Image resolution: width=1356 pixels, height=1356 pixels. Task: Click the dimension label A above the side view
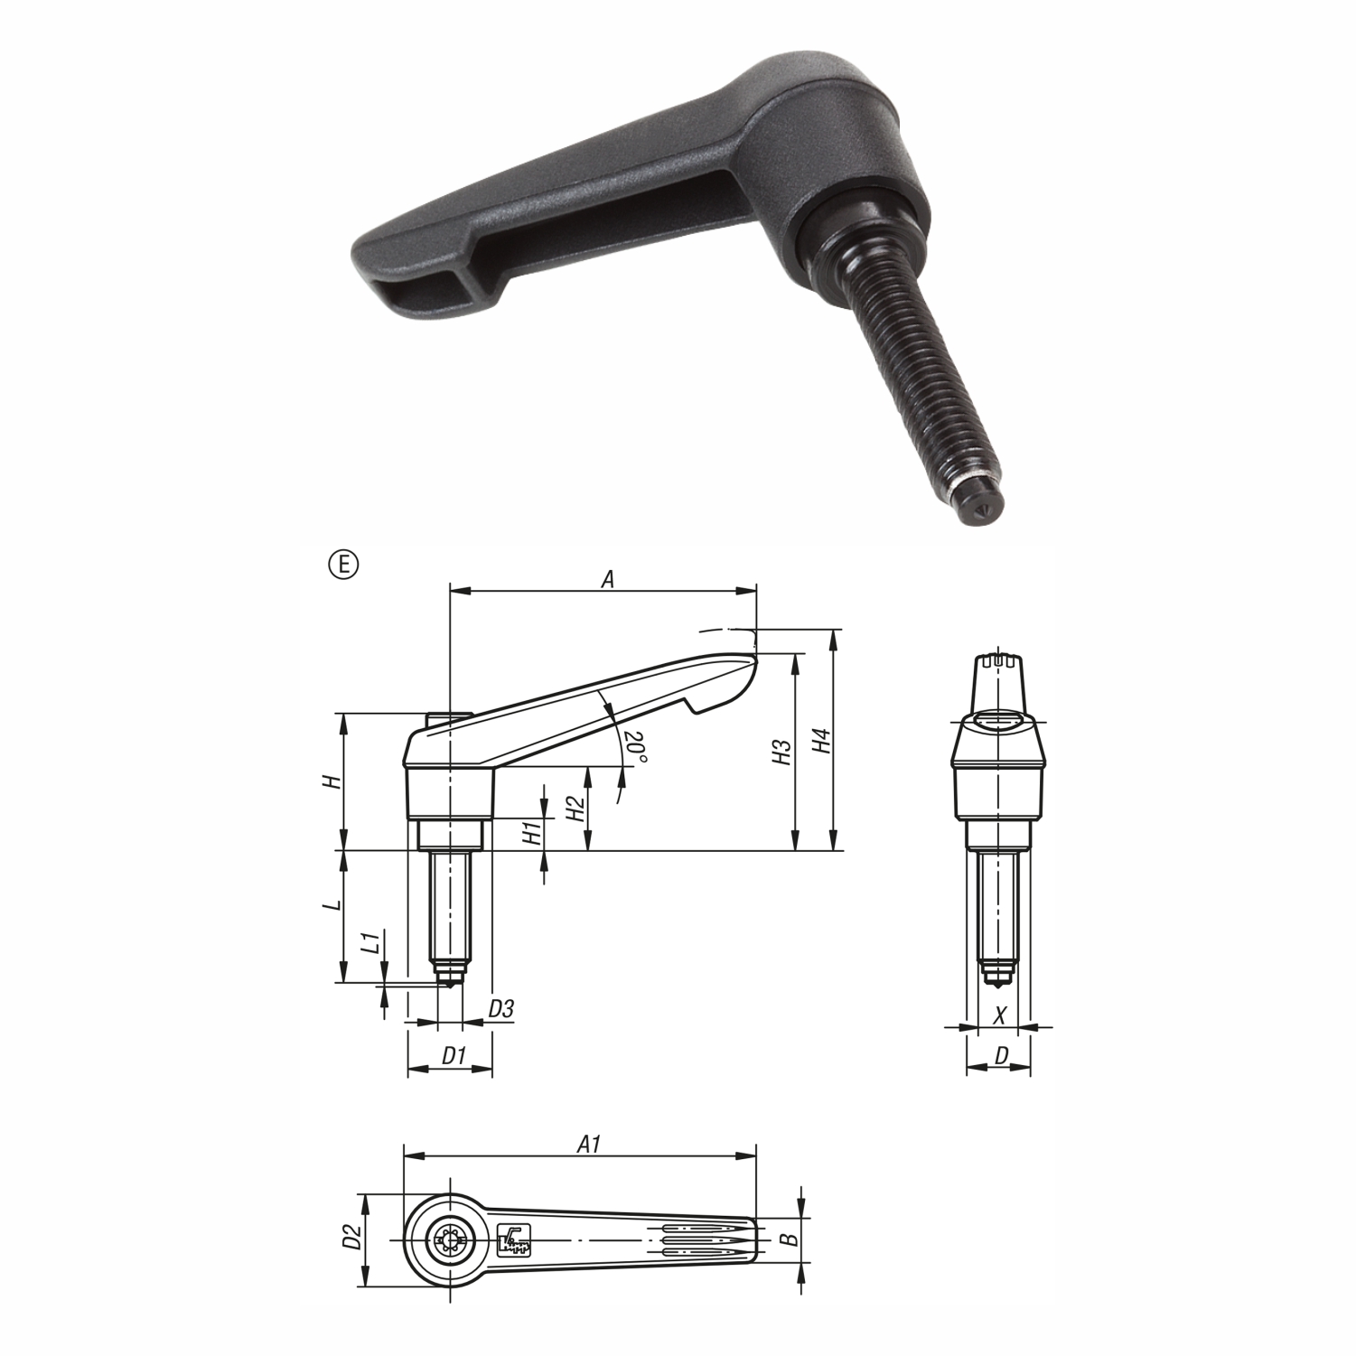coord(608,579)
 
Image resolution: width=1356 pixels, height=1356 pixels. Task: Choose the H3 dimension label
coord(781,753)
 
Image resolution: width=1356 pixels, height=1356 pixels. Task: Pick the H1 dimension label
coord(533,831)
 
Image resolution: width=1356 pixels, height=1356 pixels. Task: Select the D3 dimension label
coord(500,1009)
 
